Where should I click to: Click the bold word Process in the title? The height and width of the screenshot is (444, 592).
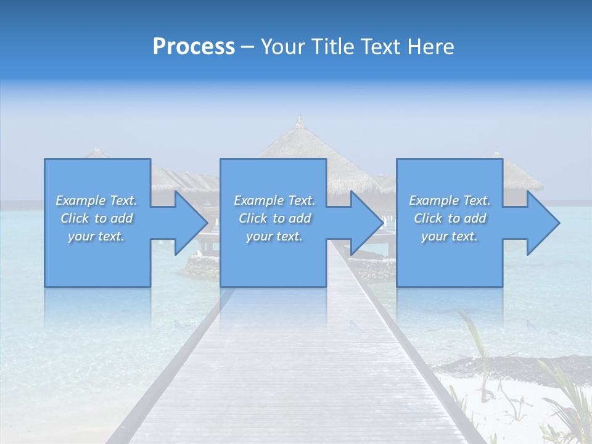point(194,47)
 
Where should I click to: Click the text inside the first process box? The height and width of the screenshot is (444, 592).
point(97,218)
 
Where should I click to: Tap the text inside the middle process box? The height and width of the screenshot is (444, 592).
point(274,218)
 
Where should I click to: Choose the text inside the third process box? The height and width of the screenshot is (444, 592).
point(450,218)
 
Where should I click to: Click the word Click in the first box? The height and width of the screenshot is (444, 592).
point(75,218)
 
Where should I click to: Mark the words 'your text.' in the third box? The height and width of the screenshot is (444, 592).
point(450,236)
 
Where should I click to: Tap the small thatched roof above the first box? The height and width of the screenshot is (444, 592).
point(96,152)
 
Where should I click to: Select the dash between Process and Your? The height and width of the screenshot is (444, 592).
point(247,47)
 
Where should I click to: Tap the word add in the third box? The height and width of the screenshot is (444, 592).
point(475,218)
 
